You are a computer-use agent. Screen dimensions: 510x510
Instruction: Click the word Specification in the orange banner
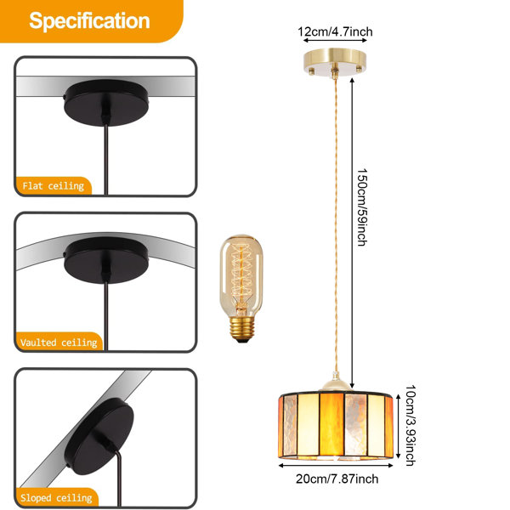pos(89,20)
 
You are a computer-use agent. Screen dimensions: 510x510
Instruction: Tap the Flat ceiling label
pos(54,186)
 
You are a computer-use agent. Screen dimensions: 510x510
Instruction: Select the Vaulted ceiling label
pos(59,343)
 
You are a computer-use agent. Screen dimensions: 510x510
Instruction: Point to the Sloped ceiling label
pos(56,497)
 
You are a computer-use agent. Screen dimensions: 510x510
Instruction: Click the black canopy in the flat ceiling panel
pos(106,102)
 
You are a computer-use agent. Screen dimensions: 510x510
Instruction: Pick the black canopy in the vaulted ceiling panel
pos(106,260)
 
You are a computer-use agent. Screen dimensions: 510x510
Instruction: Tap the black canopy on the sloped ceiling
pos(99,437)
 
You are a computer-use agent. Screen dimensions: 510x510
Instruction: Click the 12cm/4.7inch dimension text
pos(335,32)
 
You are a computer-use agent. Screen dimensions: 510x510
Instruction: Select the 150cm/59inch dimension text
pos(362,207)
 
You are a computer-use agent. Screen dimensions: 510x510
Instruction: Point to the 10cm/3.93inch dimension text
pos(411,426)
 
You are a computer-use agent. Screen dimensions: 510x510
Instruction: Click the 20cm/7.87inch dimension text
pos(337,479)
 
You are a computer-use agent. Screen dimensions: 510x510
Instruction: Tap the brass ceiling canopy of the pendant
pos(335,63)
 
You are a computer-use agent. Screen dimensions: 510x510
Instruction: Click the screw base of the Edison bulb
pos(242,327)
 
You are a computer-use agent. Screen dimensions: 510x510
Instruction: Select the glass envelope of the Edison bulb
pos(241,275)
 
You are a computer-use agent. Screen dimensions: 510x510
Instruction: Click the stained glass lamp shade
pos(336,425)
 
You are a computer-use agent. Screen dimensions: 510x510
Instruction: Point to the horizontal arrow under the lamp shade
pos(336,466)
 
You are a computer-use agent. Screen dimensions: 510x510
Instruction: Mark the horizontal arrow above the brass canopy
pos(335,40)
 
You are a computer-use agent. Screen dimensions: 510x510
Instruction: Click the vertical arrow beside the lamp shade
pos(398,426)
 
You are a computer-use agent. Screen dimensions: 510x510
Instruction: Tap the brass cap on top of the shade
pos(336,382)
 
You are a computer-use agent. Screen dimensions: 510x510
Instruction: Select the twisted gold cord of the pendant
pos(336,225)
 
